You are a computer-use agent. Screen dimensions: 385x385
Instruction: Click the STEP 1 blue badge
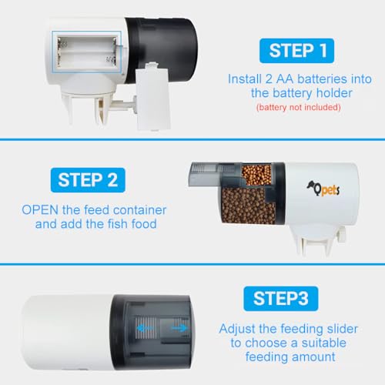click(296, 51)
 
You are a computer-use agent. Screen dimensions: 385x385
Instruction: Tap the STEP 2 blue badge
click(88, 180)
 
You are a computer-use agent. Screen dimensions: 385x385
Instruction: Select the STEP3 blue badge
click(281, 299)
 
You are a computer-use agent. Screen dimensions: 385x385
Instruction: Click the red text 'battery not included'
click(299, 107)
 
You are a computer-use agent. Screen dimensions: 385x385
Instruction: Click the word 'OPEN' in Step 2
click(40, 210)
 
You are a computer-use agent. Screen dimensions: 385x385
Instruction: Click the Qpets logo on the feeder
click(323, 189)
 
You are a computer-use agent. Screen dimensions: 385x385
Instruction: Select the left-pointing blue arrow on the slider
click(144, 328)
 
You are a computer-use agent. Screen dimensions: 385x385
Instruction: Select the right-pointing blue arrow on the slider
click(179, 328)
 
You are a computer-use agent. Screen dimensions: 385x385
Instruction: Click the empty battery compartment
click(87, 52)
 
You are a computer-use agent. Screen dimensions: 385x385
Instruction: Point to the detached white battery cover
click(152, 97)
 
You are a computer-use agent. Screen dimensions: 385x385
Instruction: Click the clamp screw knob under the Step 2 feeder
click(343, 235)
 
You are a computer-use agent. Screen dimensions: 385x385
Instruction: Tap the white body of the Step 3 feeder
click(67, 333)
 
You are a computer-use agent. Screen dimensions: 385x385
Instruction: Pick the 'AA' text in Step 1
click(284, 79)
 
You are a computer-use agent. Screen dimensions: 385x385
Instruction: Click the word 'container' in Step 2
click(139, 210)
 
